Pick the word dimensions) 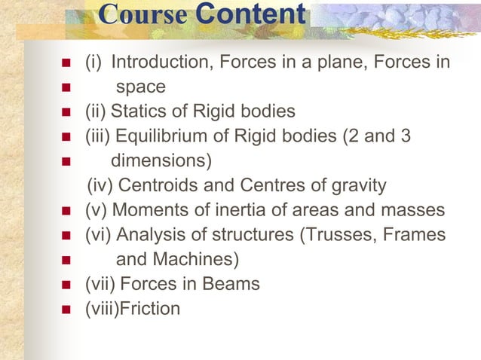[161, 161]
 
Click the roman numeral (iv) [101, 185]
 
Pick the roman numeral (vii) [99, 284]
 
